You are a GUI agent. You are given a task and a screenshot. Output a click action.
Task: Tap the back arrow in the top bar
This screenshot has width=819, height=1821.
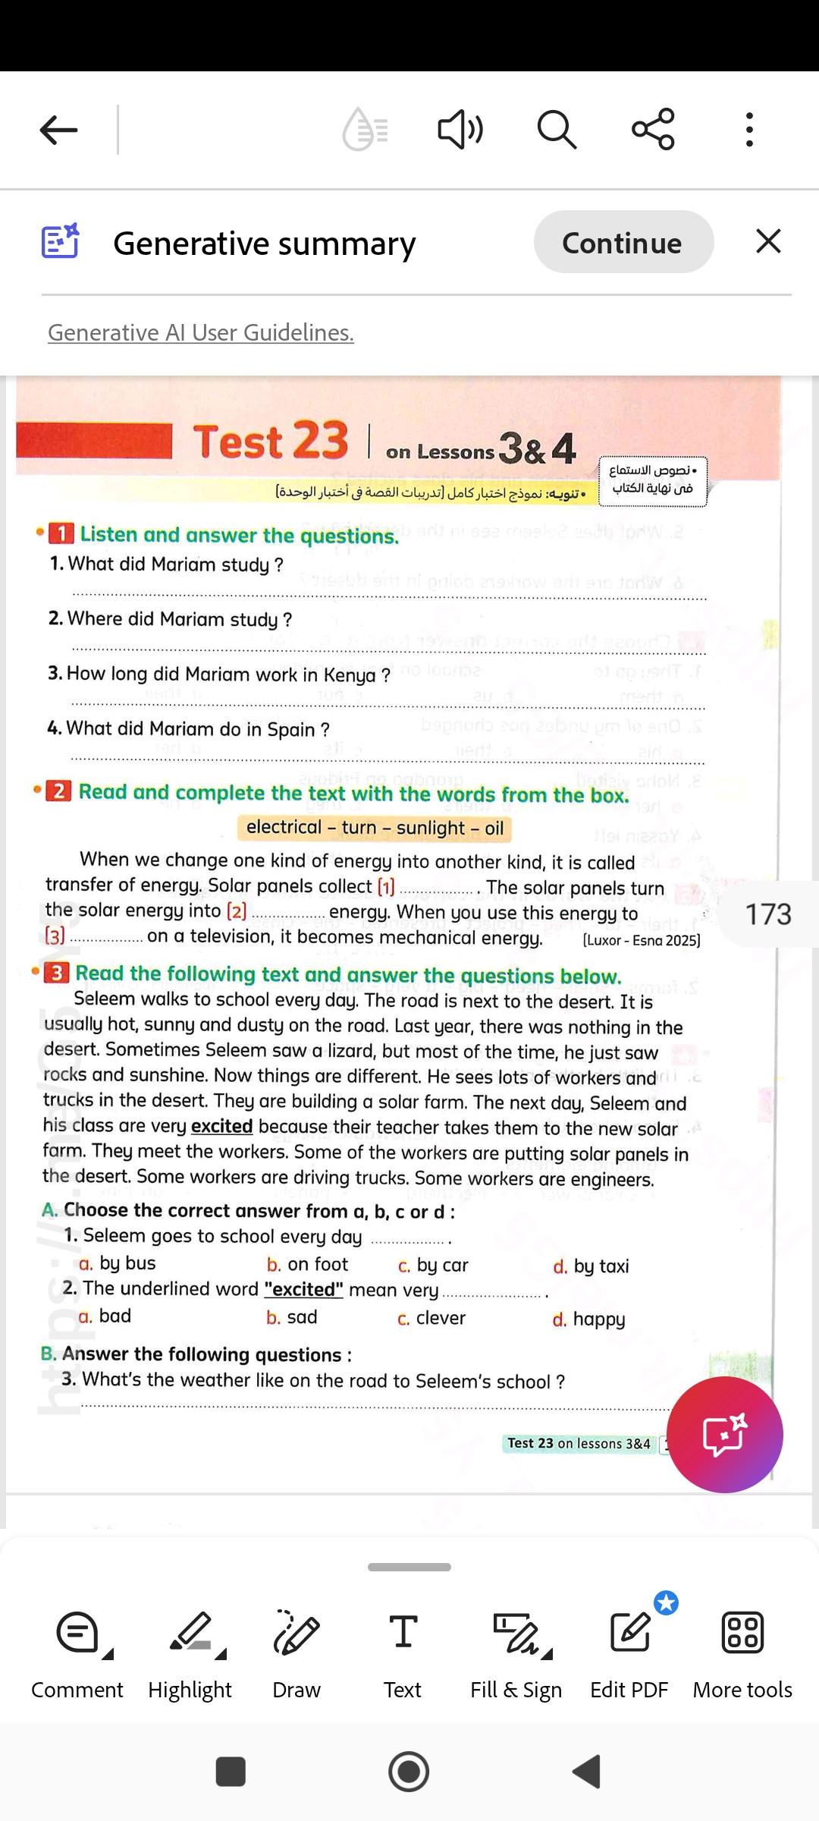coord(59,130)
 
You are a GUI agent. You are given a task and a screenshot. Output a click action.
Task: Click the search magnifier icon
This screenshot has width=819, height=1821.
coord(557,130)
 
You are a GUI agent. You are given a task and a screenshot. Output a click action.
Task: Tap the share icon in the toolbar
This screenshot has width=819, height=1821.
coord(653,129)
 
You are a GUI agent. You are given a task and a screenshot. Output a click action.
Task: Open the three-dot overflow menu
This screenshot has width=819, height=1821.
coord(749,130)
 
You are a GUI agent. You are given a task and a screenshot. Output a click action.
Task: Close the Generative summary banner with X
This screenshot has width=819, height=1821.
coord(768,242)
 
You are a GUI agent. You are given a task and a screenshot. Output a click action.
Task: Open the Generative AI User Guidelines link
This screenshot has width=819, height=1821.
coord(201,332)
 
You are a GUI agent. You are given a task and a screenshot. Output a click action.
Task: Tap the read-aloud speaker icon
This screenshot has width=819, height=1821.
coord(460,130)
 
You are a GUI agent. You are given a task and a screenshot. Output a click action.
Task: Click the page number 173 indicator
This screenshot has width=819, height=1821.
coord(767,914)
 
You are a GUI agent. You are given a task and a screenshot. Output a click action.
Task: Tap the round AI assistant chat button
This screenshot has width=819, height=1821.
coord(724,1435)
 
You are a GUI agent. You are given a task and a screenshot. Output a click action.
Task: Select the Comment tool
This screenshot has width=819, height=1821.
coord(77,1654)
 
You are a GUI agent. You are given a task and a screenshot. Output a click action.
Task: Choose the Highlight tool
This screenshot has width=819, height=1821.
coord(190,1654)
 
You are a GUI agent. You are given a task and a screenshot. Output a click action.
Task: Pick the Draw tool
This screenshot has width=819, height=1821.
coord(297,1654)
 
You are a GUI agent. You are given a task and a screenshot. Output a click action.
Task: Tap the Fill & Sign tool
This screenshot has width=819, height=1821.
coord(516,1654)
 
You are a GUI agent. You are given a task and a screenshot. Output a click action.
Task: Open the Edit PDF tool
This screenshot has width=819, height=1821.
coord(629,1654)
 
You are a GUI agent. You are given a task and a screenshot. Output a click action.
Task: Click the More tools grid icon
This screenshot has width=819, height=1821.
coord(742,1654)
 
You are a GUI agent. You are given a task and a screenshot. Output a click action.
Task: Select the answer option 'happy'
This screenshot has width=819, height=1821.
coord(598,1319)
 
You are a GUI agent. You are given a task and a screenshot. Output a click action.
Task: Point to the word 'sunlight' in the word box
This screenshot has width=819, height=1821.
coord(430,828)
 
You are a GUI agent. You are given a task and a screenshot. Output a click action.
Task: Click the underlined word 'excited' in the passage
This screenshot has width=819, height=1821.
coord(221,1127)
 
